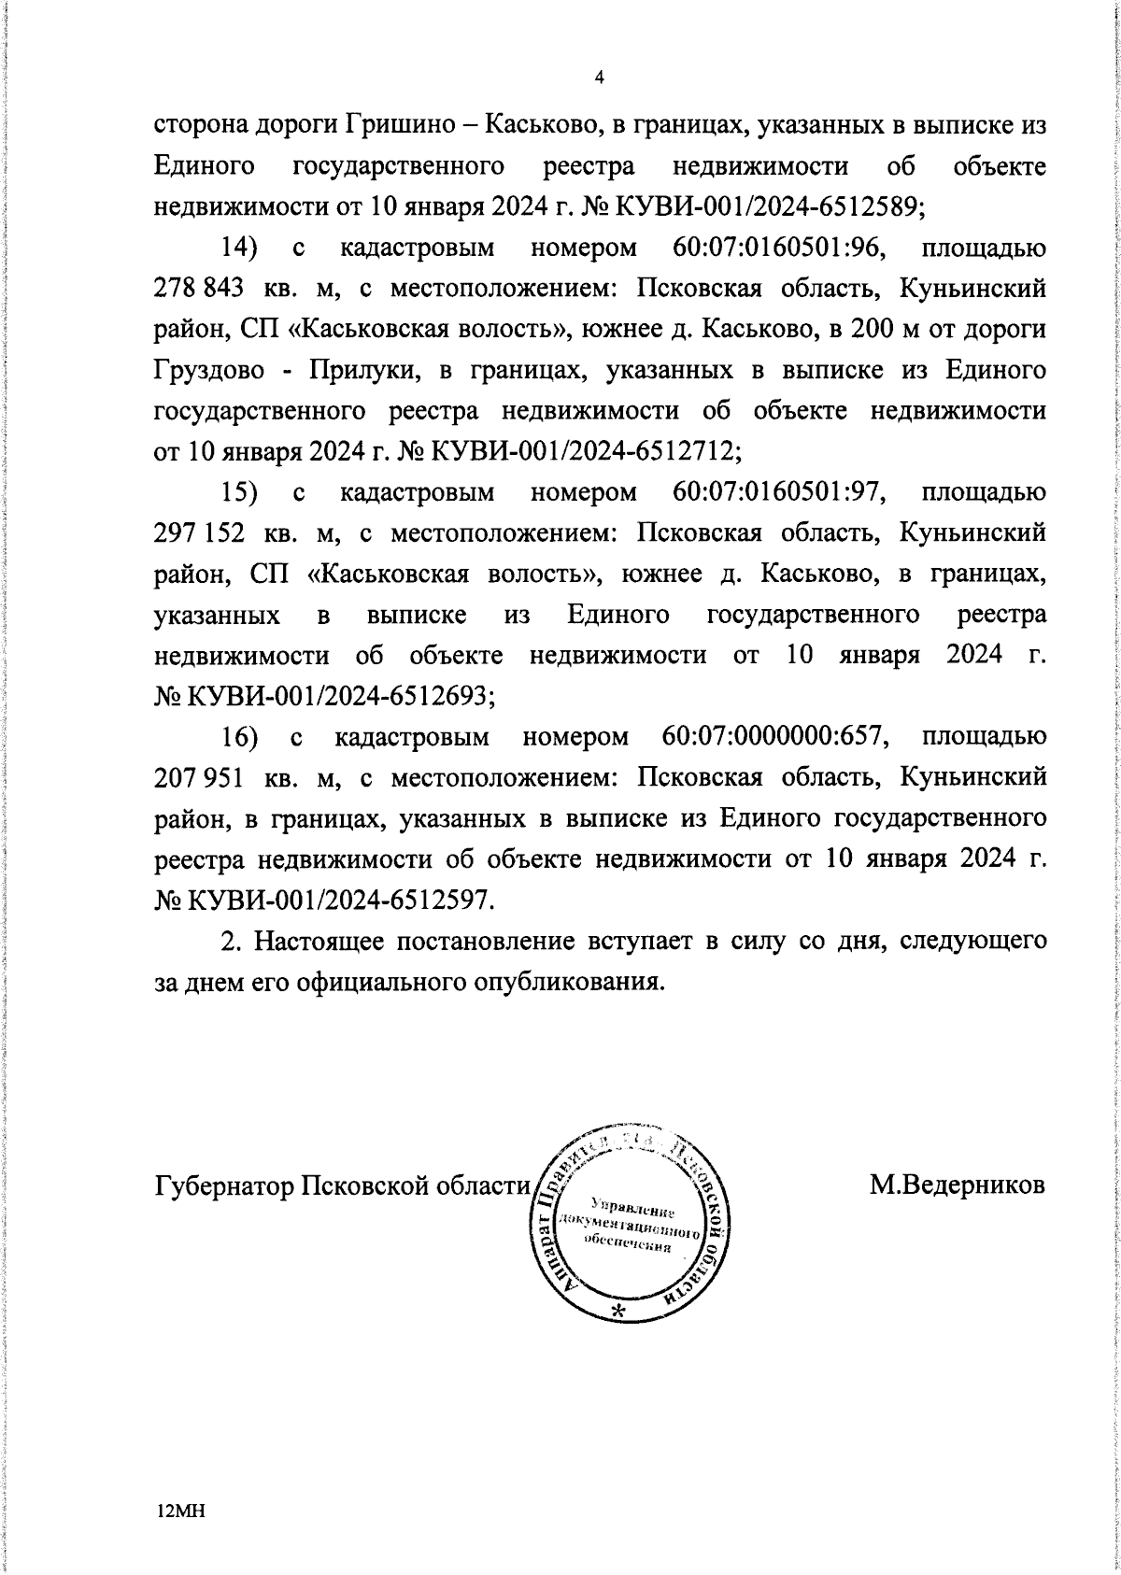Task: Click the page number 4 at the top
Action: (599, 79)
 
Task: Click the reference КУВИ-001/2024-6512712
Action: (584, 452)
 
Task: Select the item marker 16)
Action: (240, 737)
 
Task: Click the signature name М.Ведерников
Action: (957, 1212)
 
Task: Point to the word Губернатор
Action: (222, 1212)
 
